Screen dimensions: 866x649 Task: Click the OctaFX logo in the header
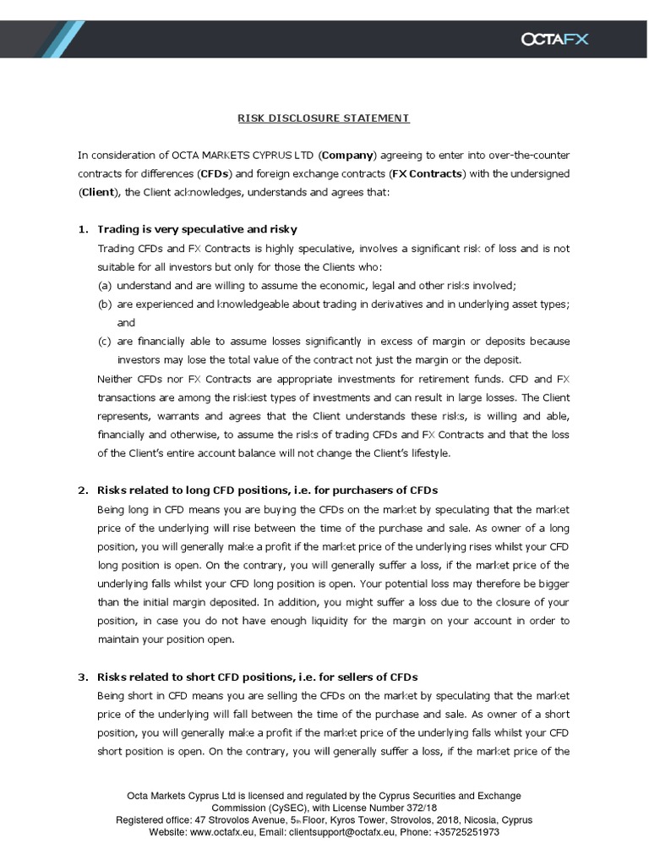pyautogui.click(x=554, y=38)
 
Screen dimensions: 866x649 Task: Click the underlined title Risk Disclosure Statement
pyautogui.click(x=324, y=118)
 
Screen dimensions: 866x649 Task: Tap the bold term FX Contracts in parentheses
pyautogui.click(x=430, y=173)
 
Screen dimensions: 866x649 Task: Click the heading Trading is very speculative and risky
pyautogui.click(x=197, y=229)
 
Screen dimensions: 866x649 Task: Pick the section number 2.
pyautogui.click(x=82, y=491)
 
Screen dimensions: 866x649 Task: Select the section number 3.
pyautogui.click(x=82, y=677)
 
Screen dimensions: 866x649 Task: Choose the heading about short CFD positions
pyautogui.click(x=258, y=677)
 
